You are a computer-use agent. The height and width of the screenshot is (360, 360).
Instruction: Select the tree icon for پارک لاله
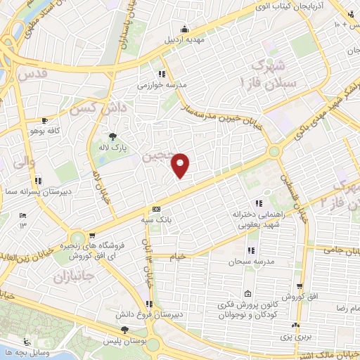112,136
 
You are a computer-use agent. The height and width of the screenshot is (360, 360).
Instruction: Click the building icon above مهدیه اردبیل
184,29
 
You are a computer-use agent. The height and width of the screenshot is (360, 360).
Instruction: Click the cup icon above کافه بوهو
46,120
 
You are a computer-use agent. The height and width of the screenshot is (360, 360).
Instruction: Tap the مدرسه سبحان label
247,262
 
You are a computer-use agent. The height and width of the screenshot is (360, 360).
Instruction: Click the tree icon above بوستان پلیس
124,329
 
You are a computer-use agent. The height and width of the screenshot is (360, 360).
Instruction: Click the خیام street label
178,257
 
